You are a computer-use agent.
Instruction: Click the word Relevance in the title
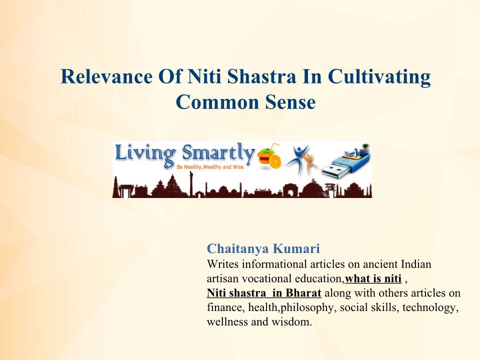point(106,76)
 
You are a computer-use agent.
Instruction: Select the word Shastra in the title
point(261,76)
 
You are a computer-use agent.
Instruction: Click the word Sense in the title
point(290,102)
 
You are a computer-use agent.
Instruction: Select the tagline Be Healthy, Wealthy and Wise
point(210,167)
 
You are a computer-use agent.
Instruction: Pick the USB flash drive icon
point(345,160)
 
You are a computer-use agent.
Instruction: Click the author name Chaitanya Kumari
point(263,248)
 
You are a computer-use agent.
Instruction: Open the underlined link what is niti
point(373,278)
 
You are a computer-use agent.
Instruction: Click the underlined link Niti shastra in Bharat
point(264,293)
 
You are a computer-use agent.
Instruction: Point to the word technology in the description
point(430,307)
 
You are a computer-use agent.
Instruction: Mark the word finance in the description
point(226,307)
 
